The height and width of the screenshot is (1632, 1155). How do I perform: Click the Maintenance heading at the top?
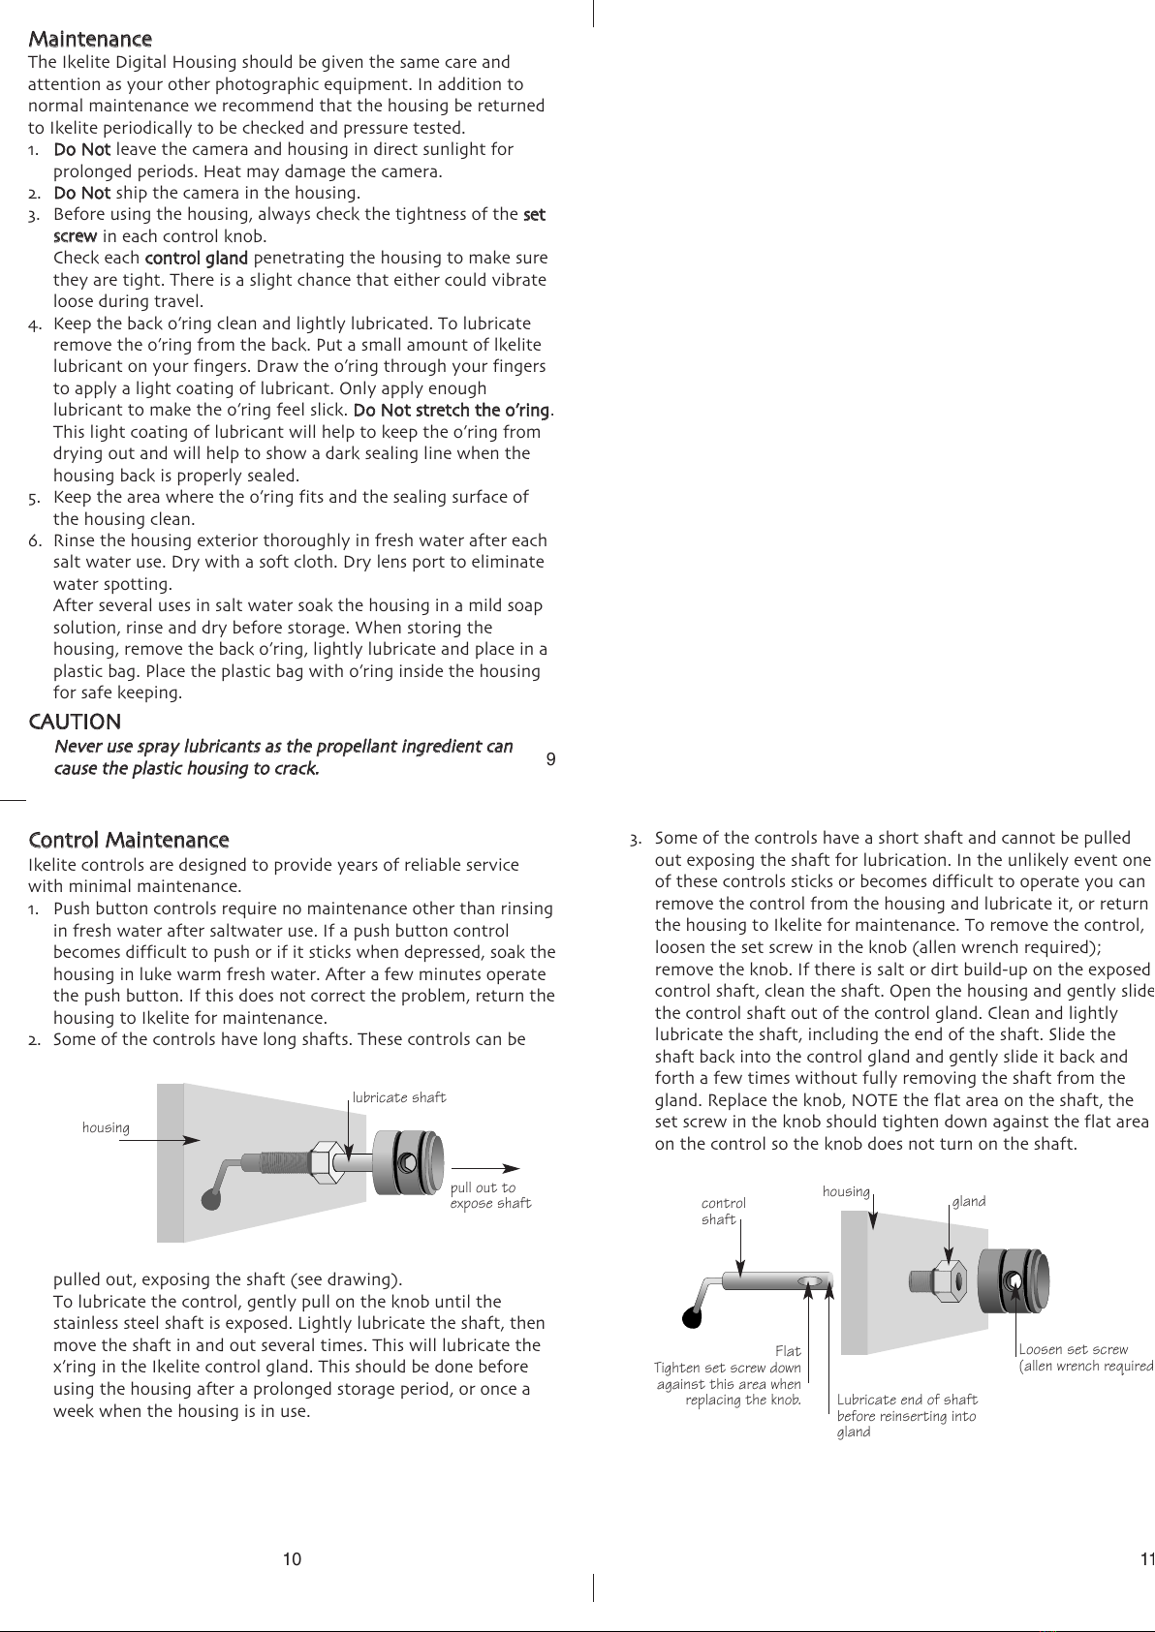(90, 40)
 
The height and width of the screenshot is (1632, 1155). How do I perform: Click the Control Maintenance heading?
(129, 840)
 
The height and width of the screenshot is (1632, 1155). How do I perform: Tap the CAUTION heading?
(76, 722)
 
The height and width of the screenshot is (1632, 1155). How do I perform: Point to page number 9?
(550, 759)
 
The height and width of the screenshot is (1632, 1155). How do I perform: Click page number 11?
(1146, 1559)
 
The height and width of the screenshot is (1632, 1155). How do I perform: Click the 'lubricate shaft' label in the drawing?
(399, 1097)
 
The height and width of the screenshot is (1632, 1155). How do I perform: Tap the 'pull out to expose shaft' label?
(490, 1195)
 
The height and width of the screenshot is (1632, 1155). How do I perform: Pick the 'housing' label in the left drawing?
(106, 1127)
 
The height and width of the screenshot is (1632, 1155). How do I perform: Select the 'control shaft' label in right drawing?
(723, 1212)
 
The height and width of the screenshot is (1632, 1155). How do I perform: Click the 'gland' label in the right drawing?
(969, 1201)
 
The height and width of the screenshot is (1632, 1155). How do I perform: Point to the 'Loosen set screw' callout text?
(1074, 1349)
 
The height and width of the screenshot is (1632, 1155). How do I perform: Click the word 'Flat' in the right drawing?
(788, 1351)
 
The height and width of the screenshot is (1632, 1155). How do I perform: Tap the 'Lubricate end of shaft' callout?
(907, 1400)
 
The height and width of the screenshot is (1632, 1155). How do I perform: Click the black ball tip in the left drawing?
(208, 1199)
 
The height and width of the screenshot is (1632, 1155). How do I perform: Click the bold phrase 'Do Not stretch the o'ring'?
(452, 411)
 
